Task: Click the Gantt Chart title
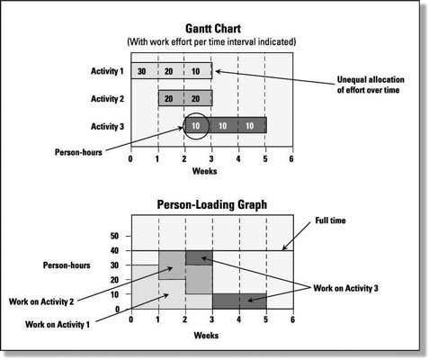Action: [x=213, y=29]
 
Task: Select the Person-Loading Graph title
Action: [x=212, y=204]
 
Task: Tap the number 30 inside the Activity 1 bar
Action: [x=142, y=71]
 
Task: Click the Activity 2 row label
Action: [x=107, y=99]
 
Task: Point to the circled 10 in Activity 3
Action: [x=195, y=126]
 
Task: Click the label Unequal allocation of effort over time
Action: [x=371, y=85]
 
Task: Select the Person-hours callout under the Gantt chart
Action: [x=78, y=152]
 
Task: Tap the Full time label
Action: [x=330, y=220]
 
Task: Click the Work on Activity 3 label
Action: [x=345, y=288]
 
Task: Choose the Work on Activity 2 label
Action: [x=41, y=301]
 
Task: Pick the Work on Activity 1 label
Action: [x=58, y=324]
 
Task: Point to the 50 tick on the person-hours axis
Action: [x=114, y=236]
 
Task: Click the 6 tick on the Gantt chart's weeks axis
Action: [x=291, y=158]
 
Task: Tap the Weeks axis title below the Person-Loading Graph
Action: [x=206, y=335]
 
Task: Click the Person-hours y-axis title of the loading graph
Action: [x=67, y=265]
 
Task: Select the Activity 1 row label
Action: [x=107, y=71]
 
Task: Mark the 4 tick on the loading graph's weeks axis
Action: [x=238, y=319]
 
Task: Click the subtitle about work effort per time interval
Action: [x=211, y=41]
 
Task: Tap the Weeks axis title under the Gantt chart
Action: [x=204, y=171]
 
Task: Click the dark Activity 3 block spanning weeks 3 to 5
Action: [x=239, y=301]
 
